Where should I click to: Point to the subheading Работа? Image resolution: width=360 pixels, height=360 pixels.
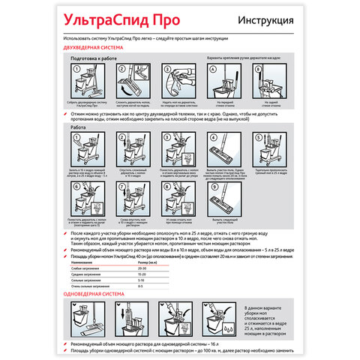(77, 127)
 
